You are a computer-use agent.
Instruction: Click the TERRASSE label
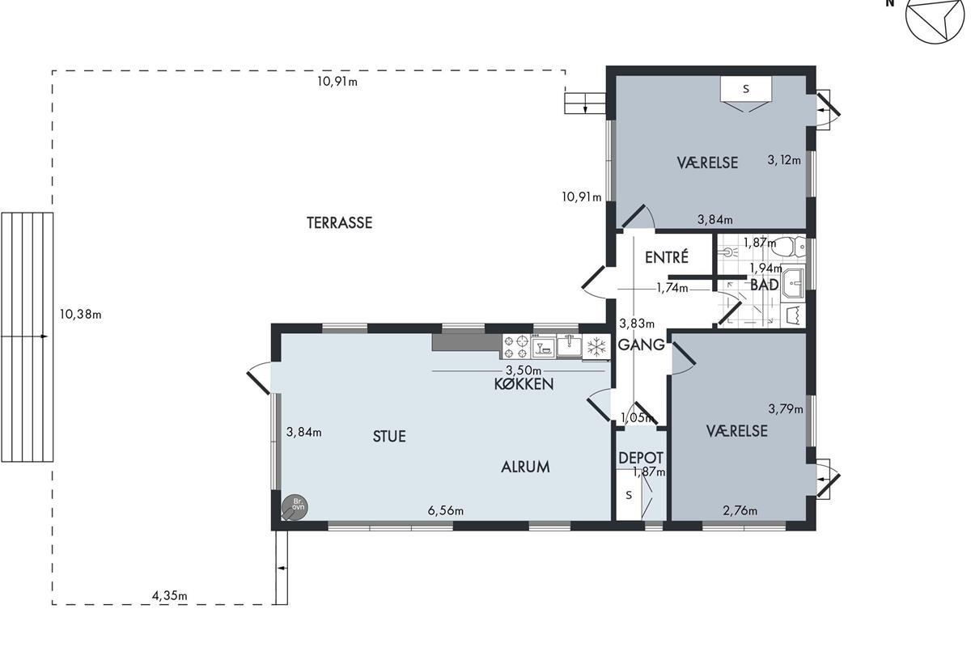(x=339, y=222)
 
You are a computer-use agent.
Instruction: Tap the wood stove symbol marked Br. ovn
(x=295, y=507)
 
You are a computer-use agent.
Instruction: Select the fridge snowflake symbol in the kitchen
(x=596, y=347)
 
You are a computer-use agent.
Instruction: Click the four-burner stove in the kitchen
(x=517, y=347)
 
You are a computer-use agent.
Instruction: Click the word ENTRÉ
(x=666, y=257)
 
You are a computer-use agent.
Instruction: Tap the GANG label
(x=641, y=345)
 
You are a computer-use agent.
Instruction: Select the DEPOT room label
(x=641, y=458)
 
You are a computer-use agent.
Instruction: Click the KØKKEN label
(x=524, y=384)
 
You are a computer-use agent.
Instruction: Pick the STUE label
(x=389, y=437)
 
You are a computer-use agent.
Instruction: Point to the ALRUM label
(x=525, y=467)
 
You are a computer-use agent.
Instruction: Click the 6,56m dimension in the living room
(x=446, y=511)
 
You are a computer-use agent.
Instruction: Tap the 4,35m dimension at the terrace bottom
(x=169, y=596)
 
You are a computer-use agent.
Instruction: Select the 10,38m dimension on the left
(x=80, y=314)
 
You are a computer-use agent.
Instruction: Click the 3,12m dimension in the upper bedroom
(x=784, y=160)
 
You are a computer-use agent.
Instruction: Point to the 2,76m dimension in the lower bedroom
(x=740, y=511)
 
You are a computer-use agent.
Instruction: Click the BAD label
(x=764, y=285)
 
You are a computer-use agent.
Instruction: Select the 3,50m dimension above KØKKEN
(x=524, y=370)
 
